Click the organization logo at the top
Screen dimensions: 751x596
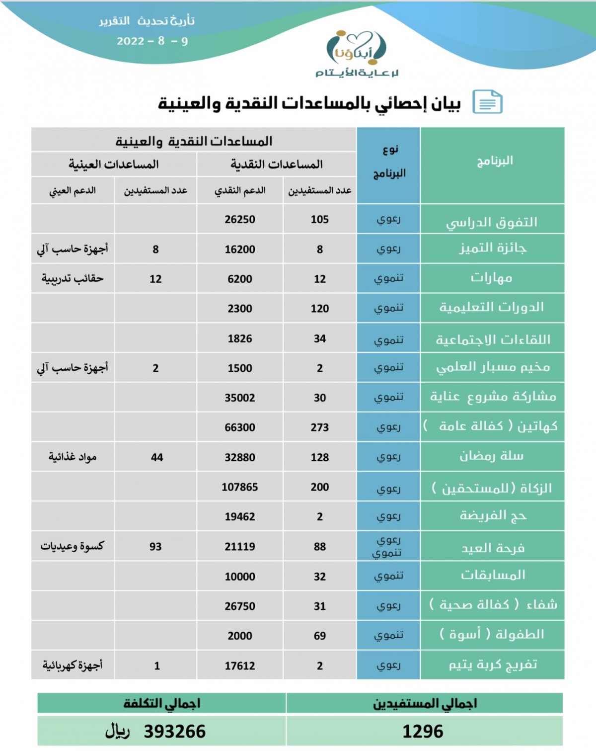(x=356, y=54)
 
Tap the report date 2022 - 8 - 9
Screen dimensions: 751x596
(x=152, y=41)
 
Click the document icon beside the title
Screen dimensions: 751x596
(x=487, y=102)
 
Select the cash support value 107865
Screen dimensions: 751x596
(x=240, y=487)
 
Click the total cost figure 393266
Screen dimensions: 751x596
(x=174, y=732)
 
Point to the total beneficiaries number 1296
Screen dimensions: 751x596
(x=423, y=732)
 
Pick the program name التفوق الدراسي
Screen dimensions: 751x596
(x=492, y=222)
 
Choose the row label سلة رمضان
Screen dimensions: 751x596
(x=492, y=456)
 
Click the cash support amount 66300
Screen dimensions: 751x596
(x=240, y=427)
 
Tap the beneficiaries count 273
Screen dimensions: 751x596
(x=320, y=427)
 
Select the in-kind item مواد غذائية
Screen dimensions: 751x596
(x=73, y=457)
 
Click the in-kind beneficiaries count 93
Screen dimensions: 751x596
(x=155, y=547)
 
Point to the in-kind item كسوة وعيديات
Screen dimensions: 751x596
(x=73, y=546)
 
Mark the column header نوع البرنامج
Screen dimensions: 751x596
(x=389, y=162)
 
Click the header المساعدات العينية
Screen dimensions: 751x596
(x=114, y=165)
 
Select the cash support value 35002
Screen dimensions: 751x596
(x=240, y=398)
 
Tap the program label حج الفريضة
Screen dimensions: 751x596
(x=493, y=516)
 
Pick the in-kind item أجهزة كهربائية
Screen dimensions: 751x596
(x=73, y=665)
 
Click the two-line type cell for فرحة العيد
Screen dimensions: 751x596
(x=388, y=546)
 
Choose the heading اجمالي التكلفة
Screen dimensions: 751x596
(x=162, y=703)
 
